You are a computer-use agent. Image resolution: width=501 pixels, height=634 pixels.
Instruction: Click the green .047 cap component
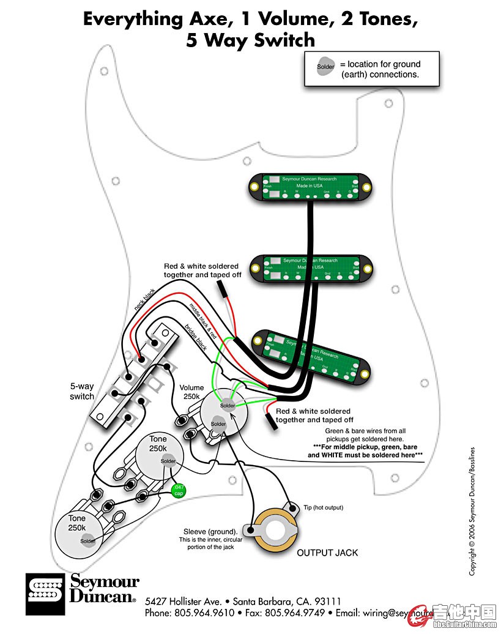point(179,490)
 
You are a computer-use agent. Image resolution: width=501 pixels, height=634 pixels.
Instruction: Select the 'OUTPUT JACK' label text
point(327,553)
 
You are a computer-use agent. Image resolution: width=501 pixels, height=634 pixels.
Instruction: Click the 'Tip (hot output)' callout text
point(323,507)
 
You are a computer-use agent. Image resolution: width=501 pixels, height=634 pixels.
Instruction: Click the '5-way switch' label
point(82,392)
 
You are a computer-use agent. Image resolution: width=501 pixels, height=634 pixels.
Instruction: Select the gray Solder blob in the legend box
point(325,67)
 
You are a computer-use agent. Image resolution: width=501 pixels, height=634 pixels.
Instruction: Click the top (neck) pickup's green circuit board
point(312,187)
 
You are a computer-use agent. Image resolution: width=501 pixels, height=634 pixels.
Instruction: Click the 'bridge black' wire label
point(196,337)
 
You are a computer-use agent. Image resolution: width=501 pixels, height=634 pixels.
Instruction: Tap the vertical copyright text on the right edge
point(472,511)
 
